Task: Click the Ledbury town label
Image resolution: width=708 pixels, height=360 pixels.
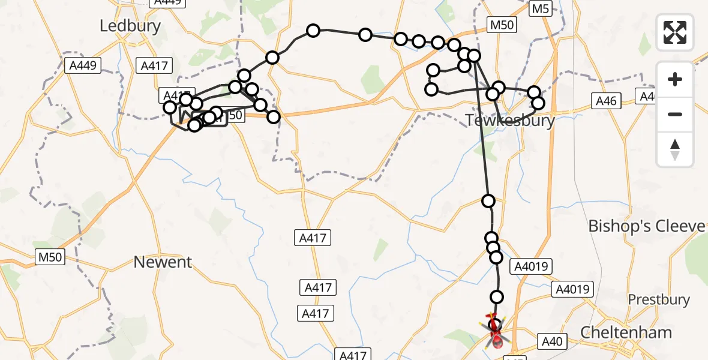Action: (x=130, y=26)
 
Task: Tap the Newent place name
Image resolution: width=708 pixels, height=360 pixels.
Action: (x=163, y=262)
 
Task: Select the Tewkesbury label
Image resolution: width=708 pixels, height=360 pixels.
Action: (x=509, y=121)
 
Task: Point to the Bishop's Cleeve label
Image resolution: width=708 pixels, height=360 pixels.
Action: (x=647, y=226)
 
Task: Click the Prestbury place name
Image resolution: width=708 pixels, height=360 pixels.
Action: (x=658, y=299)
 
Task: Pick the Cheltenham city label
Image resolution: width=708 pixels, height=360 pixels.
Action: (x=626, y=332)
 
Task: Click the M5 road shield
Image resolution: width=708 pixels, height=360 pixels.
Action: (x=541, y=8)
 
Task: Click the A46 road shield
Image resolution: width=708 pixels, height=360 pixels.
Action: (x=605, y=101)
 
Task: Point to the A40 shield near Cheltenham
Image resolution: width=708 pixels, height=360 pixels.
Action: (x=551, y=342)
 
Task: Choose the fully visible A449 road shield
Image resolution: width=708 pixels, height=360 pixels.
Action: (x=83, y=65)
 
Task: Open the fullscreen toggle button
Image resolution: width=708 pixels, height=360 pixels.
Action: (x=675, y=32)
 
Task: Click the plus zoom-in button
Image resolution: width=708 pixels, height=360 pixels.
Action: (x=675, y=79)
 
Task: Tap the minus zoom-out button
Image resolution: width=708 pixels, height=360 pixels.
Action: (x=675, y=114)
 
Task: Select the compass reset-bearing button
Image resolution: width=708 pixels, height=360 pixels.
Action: (x=675, y=149)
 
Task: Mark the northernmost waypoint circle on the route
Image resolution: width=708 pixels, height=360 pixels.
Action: (x=313, y=31)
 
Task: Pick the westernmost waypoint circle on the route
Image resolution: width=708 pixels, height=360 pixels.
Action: (x=170, y=107)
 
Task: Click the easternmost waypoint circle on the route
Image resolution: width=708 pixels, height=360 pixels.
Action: (x=538, y=103)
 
